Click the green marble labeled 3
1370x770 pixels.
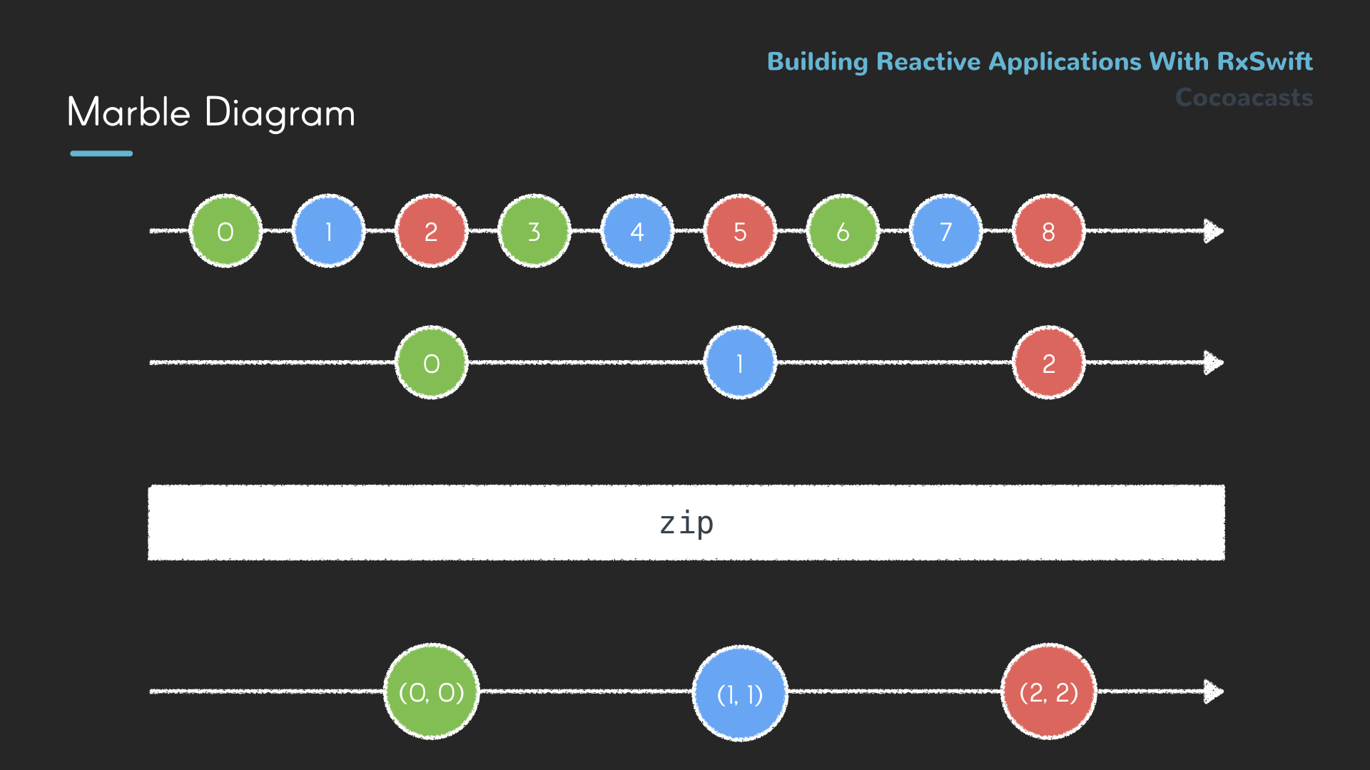click(x=534, y=231)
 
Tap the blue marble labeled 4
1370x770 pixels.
click(x=637, y=231)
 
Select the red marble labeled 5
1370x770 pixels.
click(x=740, y=231)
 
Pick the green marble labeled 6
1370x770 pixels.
click(x=843, y=231)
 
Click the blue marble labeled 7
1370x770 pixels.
click(x=945, y=231)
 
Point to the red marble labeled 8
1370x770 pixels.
click(x=1048, y=231)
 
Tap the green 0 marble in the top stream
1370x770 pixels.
click(x=225, y=231)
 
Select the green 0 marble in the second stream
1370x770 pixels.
click(x=431, y=363)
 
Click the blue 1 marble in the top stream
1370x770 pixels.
click(x=328, y=231)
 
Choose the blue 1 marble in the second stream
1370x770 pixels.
click(x=740, y=363)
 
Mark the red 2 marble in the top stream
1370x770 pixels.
click(x=431, y=231)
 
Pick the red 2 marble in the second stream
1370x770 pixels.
click(x=1048, y=363)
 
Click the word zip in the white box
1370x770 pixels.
click(x=686, y=523)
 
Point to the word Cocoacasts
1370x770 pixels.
click(x=1244, y=98)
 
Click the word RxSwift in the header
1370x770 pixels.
click(x=1264, y=61)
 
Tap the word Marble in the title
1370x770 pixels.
click(x=129, y=113)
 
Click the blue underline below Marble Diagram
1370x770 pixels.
click(x=101, y=153)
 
